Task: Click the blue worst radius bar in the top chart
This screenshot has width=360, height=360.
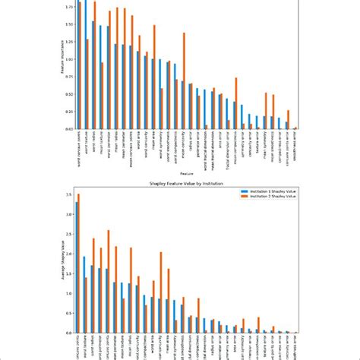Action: [x=93, y=75]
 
